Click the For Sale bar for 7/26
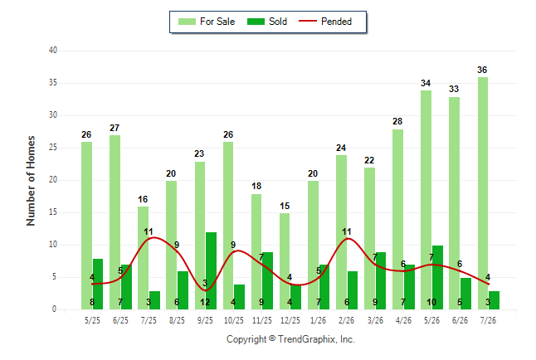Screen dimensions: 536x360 [483, 193]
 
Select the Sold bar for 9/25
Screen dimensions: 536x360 [211, 270]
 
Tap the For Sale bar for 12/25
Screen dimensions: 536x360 [285, 261]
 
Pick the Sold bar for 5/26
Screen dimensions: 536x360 [437, 277]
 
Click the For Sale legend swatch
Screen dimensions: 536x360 [187, 22]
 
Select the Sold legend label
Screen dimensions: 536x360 [278, 22]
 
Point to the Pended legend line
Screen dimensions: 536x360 [308, 22]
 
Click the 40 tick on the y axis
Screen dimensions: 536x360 [53, 51]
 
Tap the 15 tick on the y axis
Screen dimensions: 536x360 [53, 212]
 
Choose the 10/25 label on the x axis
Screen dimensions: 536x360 [234, 320]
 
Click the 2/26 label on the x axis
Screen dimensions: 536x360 [347, 320]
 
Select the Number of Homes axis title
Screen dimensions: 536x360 [31, 181]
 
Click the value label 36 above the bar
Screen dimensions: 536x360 [482, 70]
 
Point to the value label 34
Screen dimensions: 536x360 [426, 83]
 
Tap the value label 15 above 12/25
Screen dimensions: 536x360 [285, 206]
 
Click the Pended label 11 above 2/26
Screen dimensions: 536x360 [347, 231]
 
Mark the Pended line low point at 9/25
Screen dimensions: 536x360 [205, 290]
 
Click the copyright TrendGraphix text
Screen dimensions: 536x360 [290, 339]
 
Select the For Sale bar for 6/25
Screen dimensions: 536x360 [115, 222]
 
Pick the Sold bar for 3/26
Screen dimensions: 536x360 [381, 280]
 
